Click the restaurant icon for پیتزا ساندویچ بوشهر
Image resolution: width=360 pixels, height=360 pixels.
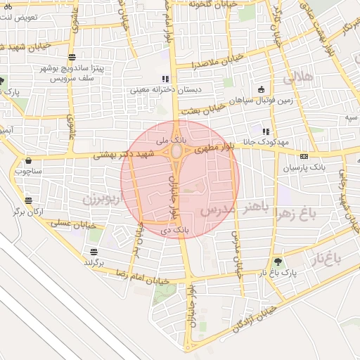click(x=73, y=58)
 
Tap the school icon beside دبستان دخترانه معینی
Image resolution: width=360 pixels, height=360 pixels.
click(x=165, y=79)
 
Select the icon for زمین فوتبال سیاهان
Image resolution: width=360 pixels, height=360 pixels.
click(x=262, y=89)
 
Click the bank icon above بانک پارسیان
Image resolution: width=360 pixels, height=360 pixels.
click(x=303, y=156)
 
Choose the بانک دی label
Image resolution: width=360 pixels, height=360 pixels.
click(x=181, y=229)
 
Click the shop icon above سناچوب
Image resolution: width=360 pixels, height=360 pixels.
click(x=28, y=160)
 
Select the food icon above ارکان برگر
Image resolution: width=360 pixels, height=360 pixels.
click(x=27, y=199)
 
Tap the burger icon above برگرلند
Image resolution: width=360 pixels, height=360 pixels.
click(x=94, y=252)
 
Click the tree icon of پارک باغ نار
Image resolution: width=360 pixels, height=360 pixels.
click(x=278, y=260)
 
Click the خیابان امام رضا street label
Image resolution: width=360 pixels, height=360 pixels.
click(x=146, y=280)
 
